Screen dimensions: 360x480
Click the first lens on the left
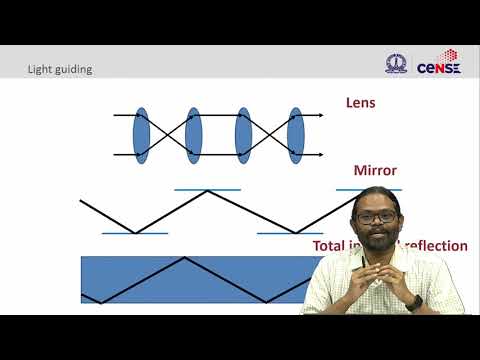141,136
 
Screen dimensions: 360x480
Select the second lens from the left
193,136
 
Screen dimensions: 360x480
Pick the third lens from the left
243,136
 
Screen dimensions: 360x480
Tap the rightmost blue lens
295,136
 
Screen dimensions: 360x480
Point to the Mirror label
375,170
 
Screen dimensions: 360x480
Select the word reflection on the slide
436,246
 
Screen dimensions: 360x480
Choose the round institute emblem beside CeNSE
397,63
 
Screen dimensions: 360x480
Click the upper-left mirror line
207,189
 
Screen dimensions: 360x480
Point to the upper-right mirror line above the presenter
368,189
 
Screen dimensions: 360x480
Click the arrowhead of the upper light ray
320,116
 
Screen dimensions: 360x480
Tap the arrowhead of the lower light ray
320,156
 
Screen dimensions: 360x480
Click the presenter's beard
379,243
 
